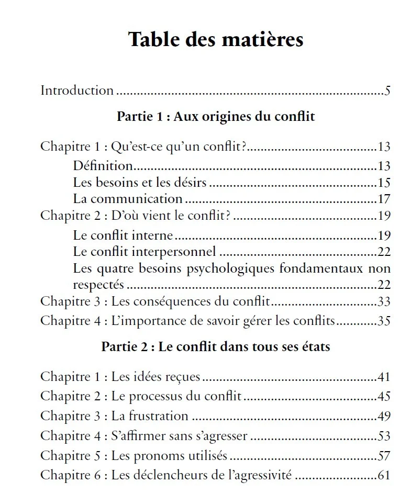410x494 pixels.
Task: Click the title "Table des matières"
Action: point(216,40)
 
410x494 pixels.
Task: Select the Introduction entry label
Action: point(77,91)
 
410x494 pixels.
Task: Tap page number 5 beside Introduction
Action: point(387,91)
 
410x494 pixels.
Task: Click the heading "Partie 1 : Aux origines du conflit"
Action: point(216,116)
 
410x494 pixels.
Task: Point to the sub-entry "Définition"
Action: point(103,166)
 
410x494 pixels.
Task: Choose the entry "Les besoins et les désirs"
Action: point(140,183)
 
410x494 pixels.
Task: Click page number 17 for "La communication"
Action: point(384,199)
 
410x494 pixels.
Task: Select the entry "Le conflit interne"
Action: point(123,235)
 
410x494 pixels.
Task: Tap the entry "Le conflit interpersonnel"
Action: point(145,252)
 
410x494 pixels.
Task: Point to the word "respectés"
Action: point(99,285)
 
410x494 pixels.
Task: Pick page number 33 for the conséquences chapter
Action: point(384,302)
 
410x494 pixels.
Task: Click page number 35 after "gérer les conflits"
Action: point(384,321)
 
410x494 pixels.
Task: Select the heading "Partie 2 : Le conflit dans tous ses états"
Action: point(216,346)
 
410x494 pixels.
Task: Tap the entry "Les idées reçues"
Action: point(157,377)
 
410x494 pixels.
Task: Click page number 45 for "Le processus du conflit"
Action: point(384,396)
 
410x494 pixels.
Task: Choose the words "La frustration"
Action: point(150,416)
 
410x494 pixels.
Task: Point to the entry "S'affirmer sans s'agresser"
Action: point(180,436)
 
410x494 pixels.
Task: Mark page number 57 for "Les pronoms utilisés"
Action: point(384,456)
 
